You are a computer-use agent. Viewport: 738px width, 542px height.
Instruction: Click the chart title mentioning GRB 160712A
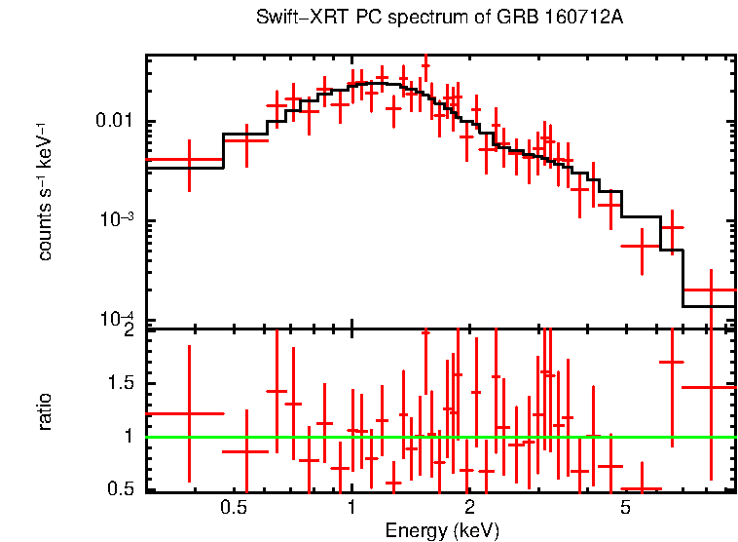pyautogui.click(x=439, y=19)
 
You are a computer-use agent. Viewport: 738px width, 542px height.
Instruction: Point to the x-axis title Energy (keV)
pyautogui.click(x=442, y=531)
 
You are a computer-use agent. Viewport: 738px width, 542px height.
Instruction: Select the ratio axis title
pyautogui.click(x=45, y=411)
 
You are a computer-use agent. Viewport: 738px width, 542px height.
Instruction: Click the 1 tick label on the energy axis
pyautogui.click(x=351, y=508)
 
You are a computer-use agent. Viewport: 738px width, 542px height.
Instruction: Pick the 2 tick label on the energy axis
pyautogui.click(x=469, y=508)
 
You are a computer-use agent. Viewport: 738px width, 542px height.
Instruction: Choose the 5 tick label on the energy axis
pyautogui.click(x=625, y=508)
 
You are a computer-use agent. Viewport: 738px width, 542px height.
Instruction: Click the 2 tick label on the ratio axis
pyautogui.click(x=128, y=331)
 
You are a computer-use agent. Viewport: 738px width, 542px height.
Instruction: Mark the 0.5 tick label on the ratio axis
pyautogui.click(x=122, y=488)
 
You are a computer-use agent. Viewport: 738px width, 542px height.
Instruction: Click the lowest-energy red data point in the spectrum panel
pyautogui.click(x=189, y=159)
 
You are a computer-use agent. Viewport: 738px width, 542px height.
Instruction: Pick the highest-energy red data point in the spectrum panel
pyautogui.click(x=711, y=290)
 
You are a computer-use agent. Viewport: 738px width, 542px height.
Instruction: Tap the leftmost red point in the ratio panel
pyautogui.click(x=189, y=413)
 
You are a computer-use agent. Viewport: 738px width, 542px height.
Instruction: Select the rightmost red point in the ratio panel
pyautogui.click(x=711, y=387)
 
